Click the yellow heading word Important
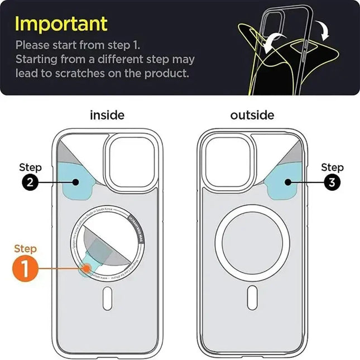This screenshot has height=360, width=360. click(61, 23)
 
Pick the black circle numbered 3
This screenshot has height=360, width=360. click(332, 181)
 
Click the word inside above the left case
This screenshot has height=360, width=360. click(107, 116)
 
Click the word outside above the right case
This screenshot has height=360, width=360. click(252, 116)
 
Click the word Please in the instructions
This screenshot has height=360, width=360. click(33, 45)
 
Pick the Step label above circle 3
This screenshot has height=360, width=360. click(332, 167)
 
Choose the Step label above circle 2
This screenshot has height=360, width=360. click(30, 167)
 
